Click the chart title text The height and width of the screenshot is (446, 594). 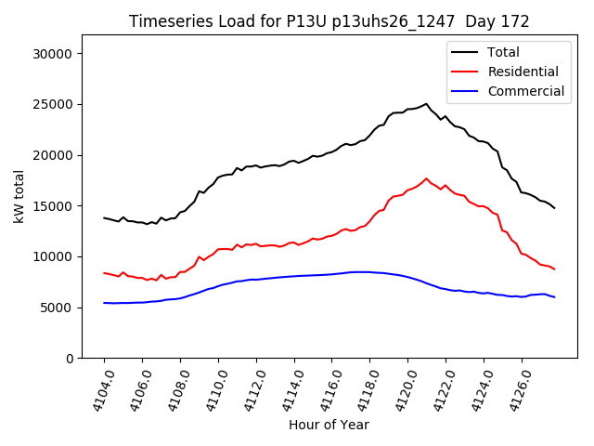[x=329, y=21]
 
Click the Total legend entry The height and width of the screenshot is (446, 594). [x=503, y=52]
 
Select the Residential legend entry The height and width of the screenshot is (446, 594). [x=523, y=72]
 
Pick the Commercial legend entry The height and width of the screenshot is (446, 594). [x=525, y=91]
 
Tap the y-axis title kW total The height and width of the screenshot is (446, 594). [x=19, y=197]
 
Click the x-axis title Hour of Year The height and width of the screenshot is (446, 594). [x=329, y=425]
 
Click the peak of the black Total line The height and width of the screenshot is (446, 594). [x=427, y=104]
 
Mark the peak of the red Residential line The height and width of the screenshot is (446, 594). [x=427, y=178]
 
